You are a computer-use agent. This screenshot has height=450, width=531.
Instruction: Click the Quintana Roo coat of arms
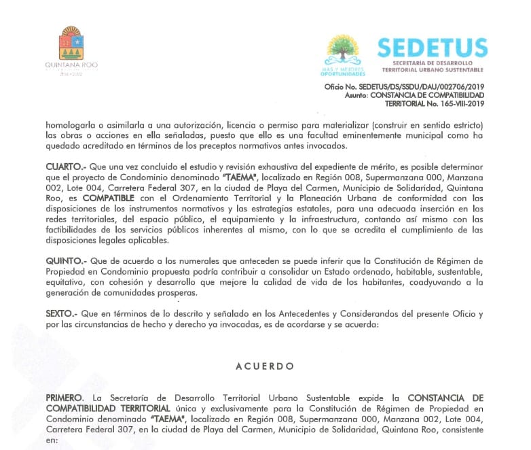[71, 43]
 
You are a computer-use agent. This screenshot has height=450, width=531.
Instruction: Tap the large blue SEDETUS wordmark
[433, 48]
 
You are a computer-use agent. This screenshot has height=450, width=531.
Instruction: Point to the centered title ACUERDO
[265, 366]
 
